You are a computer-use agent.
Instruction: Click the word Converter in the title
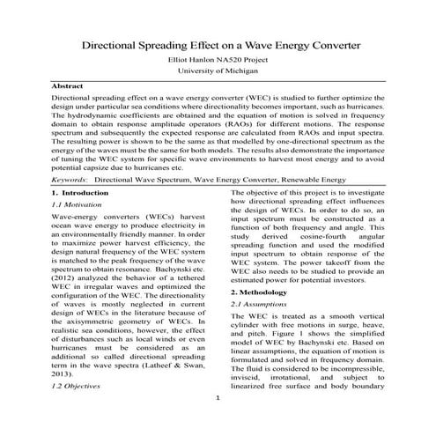pos(325,44)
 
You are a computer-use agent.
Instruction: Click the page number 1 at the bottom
pos(218,399)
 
